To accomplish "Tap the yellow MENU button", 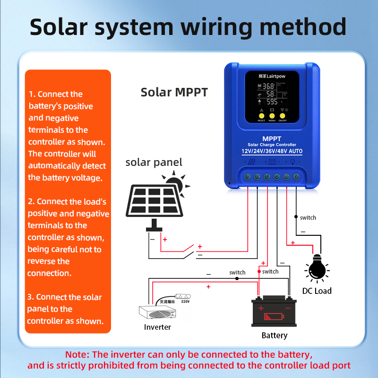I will [x=272, y=115].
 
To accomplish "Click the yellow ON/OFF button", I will [x=283, y=115].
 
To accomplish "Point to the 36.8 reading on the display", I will [x=268, y=86].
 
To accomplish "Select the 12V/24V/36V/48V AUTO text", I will [x=272, y=151].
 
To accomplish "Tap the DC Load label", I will [x=317, y=291].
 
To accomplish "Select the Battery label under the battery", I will [x=274, y=335].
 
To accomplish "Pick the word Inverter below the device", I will [x=157, y=327].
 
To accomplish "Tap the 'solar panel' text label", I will [x=154, y=163].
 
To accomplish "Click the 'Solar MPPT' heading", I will [x=174, y=92].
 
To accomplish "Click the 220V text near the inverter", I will [x=185, y=301].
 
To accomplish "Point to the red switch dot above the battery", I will [x=259, y=272].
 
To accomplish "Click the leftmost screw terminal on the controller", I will [x=246, y=177].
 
